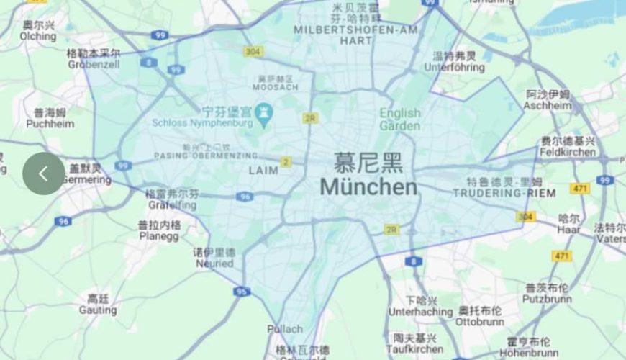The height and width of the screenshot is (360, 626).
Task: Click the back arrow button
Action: coord(43,174)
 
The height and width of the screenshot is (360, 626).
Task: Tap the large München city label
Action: coord(368,187)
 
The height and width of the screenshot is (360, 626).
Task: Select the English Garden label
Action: coord(400,120)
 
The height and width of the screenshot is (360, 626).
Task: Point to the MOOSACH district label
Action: coord(275,86)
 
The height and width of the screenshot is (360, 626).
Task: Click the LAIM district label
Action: coord(263,171)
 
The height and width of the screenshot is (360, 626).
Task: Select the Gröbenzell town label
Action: coord(94,63)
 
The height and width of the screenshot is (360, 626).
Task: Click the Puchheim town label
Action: coord(50,123)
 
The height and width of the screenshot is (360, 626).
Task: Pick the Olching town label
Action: coord(38,36)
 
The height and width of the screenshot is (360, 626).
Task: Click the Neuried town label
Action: coord(214,264)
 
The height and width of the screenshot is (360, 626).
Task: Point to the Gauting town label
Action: coord(98,310)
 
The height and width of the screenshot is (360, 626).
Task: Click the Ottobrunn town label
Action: coord(480,321)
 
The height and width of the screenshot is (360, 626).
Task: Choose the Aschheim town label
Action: coord(548,105)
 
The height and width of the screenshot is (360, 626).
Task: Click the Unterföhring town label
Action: coord(455,67)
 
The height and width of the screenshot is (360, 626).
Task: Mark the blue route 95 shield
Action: coord(242,292)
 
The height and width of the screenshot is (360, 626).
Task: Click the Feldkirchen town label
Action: coord(568,152)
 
